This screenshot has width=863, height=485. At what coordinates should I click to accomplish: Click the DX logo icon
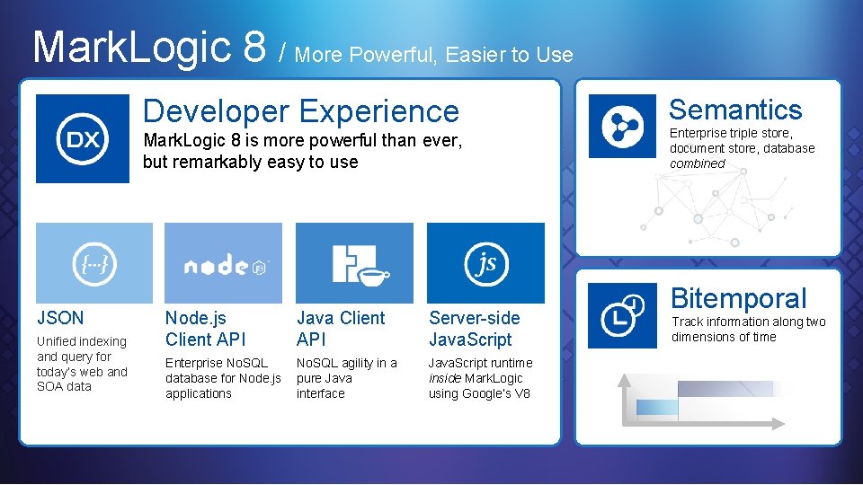[83, 139]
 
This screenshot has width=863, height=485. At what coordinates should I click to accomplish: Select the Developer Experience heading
[300, 111]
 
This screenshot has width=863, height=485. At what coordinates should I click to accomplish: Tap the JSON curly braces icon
[94, 263]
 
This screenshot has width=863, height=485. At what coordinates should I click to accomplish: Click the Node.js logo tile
[223, 263]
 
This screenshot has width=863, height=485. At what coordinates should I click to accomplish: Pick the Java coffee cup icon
[354, 263]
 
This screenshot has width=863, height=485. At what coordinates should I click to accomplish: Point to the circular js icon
[485, 263]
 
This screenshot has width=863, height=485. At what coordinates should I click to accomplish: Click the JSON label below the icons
[60, 318]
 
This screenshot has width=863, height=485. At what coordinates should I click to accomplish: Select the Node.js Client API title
[205, 329]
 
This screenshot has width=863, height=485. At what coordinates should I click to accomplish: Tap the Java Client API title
[340, 329]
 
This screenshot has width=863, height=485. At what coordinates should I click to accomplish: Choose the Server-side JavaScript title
[474, 329]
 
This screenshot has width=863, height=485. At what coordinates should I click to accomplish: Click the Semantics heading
[734, 110]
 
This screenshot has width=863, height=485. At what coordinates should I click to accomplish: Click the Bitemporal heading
[738, 298]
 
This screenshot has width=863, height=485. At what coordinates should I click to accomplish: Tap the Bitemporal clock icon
[622, 314]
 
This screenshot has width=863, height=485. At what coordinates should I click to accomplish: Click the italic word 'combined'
[697, 163]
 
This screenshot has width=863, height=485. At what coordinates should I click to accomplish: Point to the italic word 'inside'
[443, 378]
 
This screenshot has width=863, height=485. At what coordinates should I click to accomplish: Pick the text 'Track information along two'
[748, 322]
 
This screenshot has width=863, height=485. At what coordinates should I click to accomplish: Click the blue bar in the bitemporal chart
[658, 407]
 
